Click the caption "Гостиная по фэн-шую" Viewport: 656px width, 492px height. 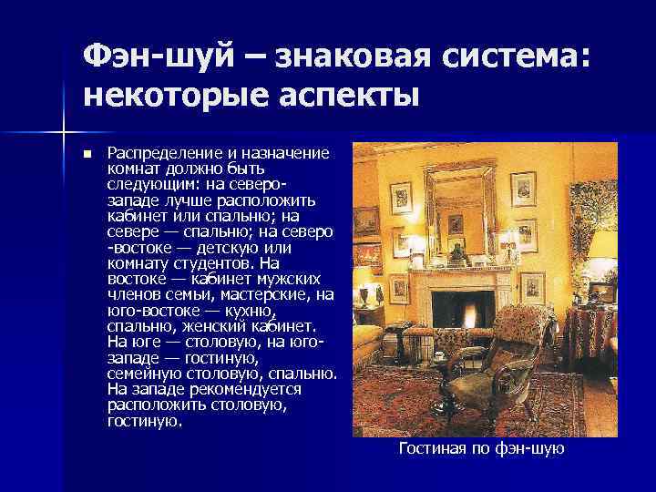482,448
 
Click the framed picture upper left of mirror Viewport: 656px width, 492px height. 401,197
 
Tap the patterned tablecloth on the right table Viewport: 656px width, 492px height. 593,328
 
